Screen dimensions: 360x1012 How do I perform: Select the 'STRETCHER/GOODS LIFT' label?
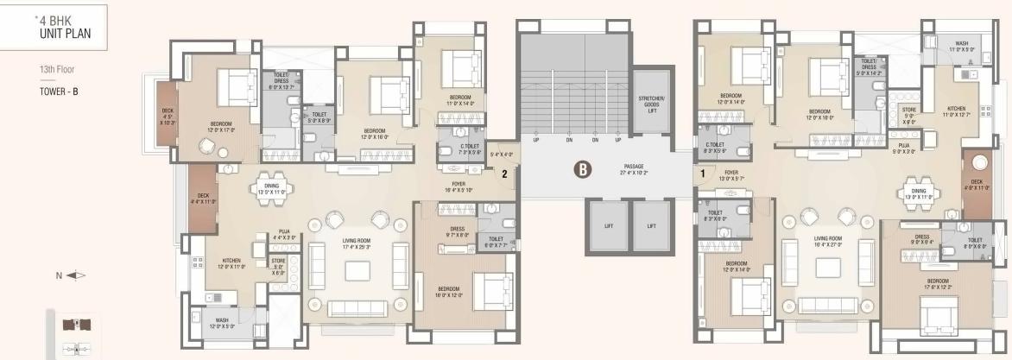[648, 104]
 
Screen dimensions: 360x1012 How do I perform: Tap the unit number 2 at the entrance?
[504, 173]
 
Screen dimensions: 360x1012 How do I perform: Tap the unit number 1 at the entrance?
[703, 173]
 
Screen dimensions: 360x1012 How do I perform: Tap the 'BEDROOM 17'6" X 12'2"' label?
[939, 283]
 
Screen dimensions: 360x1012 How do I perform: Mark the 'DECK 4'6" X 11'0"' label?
[976, 184]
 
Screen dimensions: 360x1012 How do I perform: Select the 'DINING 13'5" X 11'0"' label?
[271, 189]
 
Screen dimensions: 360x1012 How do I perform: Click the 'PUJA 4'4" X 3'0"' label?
[284, 233]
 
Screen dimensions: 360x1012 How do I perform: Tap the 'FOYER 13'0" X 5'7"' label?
[731, 175]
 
